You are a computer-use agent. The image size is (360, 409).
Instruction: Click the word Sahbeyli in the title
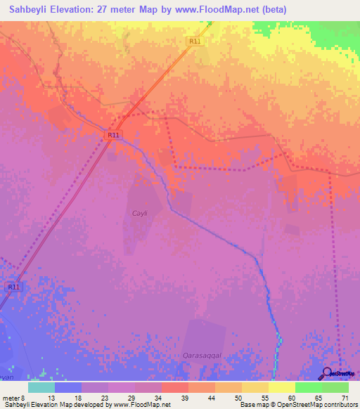[x=30, y=10]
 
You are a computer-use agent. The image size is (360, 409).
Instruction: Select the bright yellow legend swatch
[x=281, y=387]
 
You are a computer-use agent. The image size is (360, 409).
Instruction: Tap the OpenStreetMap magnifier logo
[x=328, y=375]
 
